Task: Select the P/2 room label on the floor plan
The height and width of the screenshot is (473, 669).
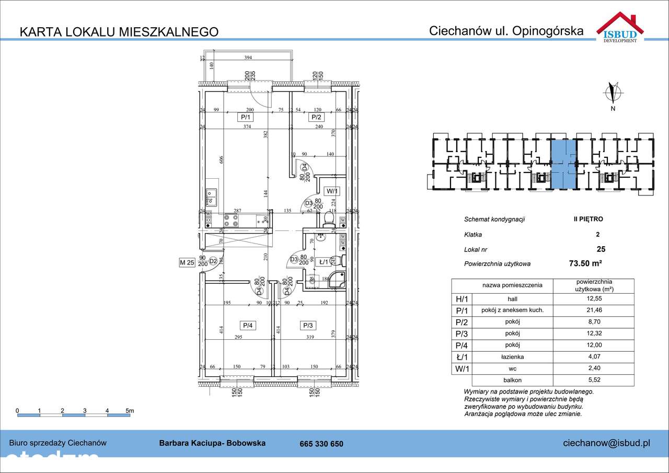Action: click(x=316, y=117)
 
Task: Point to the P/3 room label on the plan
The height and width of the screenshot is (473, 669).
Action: click(x=308, y=326)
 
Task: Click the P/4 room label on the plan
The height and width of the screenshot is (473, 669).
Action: click(x=247, y=326)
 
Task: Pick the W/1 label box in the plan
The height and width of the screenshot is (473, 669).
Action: click(x=332, y=191)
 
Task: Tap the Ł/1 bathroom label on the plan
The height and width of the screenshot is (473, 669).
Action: click(x=324, y=262)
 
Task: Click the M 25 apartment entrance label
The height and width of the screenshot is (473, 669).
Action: click(x=187, y=262)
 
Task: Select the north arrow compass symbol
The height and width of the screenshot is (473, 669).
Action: click(x=613, y=93)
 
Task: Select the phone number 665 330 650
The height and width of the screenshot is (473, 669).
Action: click(x=321, y=444)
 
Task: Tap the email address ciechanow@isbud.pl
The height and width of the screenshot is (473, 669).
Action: click(x=606, y=443)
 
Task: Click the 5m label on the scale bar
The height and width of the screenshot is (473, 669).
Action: click(x=129, y=410)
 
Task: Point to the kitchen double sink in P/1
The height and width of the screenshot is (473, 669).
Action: click(x=212, y=198)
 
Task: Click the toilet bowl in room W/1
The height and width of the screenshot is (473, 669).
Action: click(x=329, y=218)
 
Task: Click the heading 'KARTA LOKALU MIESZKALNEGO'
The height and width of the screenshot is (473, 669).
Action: click(x=119, y=31)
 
